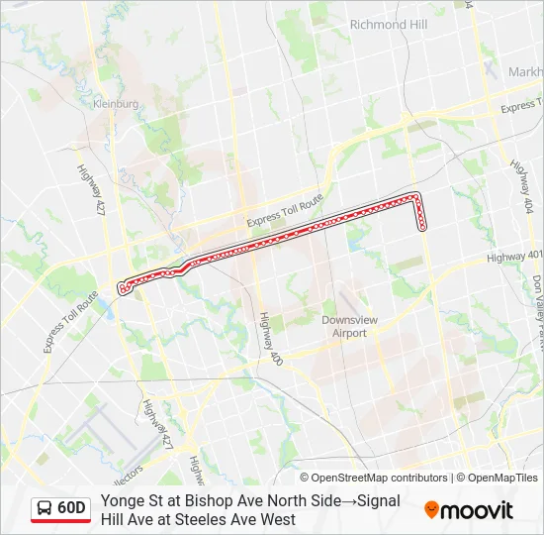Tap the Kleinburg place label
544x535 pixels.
(115, 103)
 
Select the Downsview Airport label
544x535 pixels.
(343, 326)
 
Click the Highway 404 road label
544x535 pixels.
(521, 183)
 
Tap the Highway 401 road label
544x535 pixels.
(514, 257)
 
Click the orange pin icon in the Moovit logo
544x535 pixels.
(431, 510)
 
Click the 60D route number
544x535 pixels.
(71, 508)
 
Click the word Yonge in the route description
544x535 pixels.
(122, 500)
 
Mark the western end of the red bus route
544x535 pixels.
(123, 288)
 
